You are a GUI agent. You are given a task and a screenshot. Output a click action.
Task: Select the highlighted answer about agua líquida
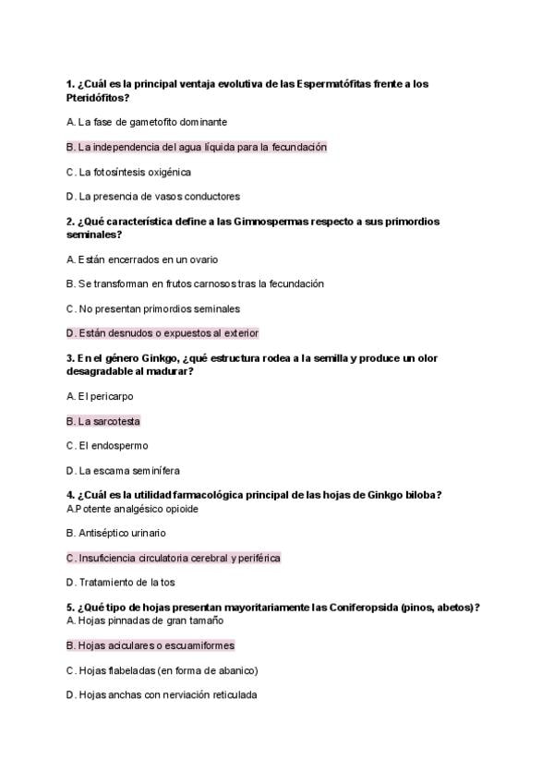point(198,147)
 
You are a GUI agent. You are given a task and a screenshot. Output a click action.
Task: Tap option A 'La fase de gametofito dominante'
point(148,122)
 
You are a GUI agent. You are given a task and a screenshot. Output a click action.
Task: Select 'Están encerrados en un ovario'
point(143,259)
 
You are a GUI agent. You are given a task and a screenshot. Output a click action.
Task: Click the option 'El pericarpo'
point(101,396)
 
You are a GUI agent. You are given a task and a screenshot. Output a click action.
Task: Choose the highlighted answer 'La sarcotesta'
point(103,421)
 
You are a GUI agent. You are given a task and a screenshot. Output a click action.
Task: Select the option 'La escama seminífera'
point(124,470)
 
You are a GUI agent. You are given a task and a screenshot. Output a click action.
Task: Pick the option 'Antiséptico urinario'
point(116,533)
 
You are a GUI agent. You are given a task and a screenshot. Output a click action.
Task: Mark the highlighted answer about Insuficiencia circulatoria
point(174,558)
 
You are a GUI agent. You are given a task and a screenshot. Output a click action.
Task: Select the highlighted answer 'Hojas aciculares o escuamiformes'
point(151,645)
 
